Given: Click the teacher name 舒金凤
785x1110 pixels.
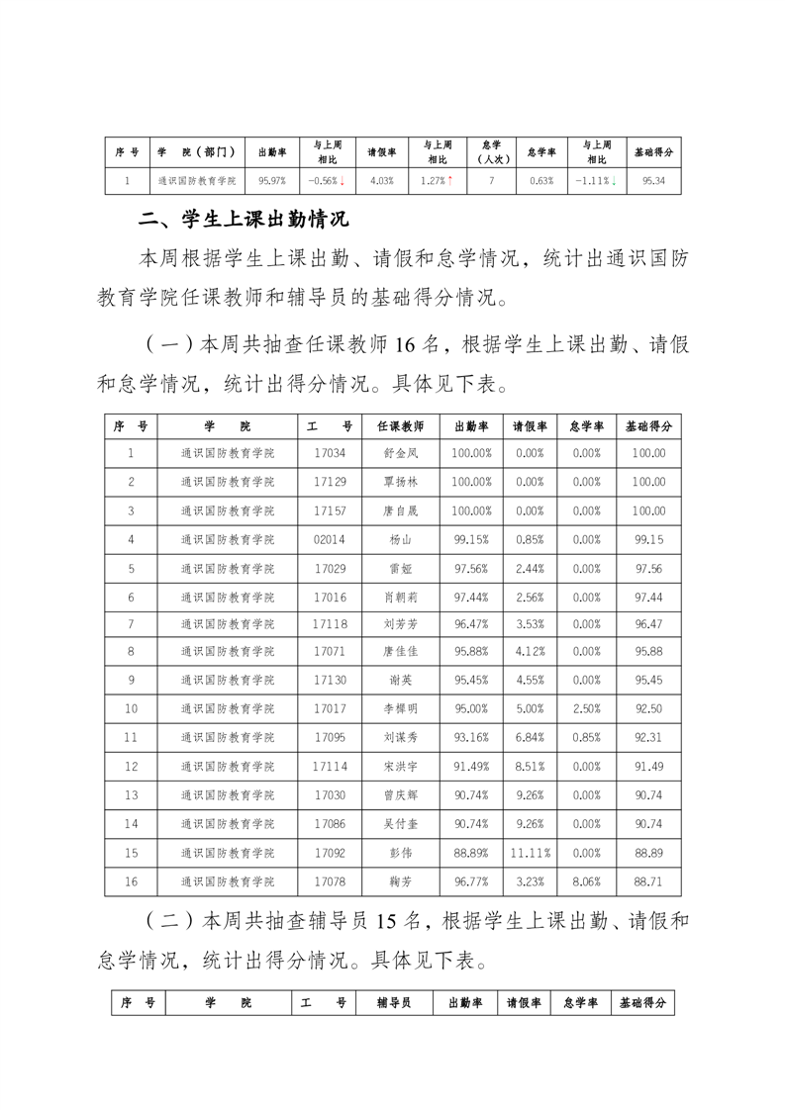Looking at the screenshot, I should tap(400, 453).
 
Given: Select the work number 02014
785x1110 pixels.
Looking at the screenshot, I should tap(330, 539).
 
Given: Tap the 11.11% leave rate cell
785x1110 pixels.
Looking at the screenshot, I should tap(530, 853).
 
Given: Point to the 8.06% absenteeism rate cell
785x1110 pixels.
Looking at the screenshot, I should tap(587, 881).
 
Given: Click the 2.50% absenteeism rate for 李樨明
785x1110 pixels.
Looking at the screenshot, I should tap(587, 710).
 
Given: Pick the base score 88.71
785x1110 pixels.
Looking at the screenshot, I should tap(649, 881).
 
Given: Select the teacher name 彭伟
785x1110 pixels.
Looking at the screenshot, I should tap(400, 853).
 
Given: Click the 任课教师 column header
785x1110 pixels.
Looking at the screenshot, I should tap(400, 425).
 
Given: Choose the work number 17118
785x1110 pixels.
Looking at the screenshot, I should tap(330, 624).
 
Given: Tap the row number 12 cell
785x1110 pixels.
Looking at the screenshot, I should tap(131, 767).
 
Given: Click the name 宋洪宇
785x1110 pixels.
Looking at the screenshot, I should tap(400, 767).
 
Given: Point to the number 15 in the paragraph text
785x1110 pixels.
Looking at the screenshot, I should tap(386, 921).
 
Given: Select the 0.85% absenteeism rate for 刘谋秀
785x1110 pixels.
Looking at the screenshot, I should tap(587, 738).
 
